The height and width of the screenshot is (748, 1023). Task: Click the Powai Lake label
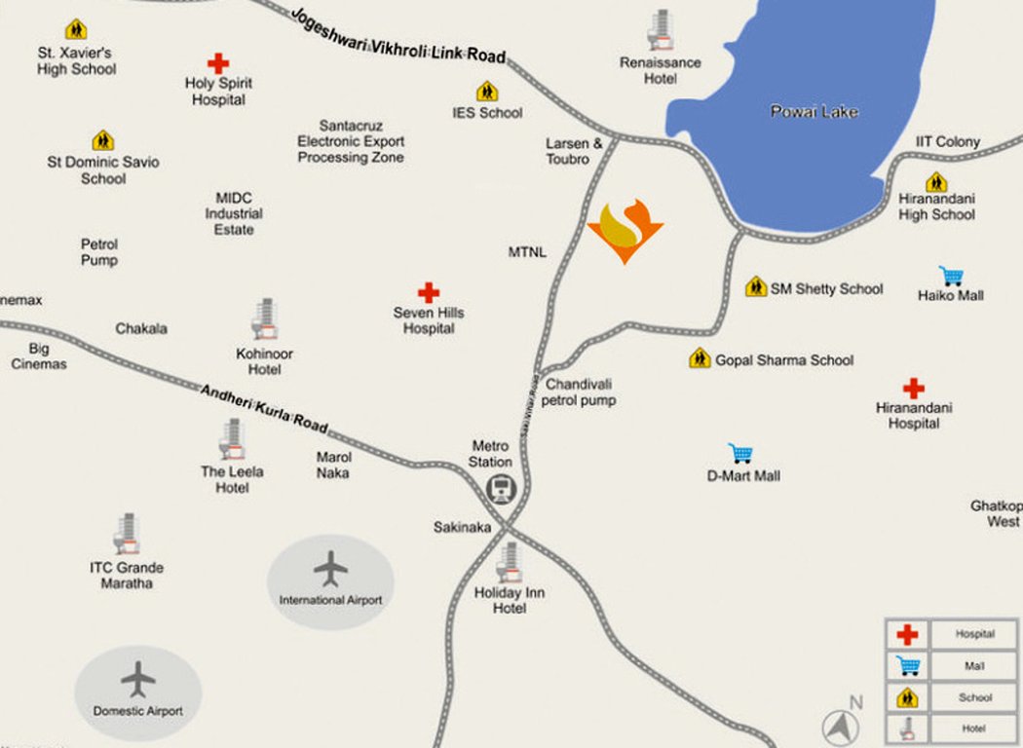(x=815, y=112)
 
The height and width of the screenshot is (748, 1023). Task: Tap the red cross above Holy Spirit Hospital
(x=218, y=63)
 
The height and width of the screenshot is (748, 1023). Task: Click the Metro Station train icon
(x=502, y=488)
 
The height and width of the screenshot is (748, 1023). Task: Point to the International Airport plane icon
(x=331, y=568)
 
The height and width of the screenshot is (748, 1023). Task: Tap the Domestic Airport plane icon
(x=138, y=679)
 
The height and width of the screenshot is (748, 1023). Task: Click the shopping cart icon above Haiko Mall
(x=951, y=276)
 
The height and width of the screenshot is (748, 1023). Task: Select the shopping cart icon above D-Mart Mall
(x=741, y=454)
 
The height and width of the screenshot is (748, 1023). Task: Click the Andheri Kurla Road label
(x=264, y=409)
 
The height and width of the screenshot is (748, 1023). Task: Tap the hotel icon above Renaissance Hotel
(x=662, y=30)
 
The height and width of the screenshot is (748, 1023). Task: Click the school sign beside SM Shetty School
(x=756, y=287)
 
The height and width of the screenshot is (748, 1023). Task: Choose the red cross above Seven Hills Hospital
(x=429, y=292)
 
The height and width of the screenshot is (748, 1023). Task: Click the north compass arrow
(x=840, y=727)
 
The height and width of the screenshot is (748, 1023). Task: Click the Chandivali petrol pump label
(x=580, y=392)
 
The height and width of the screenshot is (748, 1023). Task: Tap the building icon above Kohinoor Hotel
(x=264, y=319)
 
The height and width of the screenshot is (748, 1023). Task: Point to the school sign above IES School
(x=487, y=92)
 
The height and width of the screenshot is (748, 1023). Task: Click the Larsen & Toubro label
(x=568, y=151)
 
